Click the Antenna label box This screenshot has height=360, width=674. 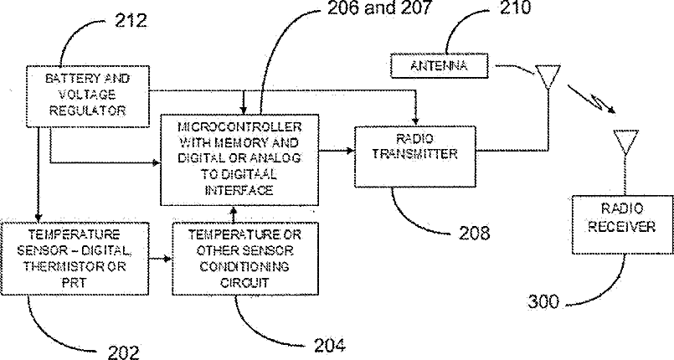tap(440, 64)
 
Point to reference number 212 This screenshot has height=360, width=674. tap(129, 21)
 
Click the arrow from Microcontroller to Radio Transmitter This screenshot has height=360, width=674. tap(336, 152)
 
